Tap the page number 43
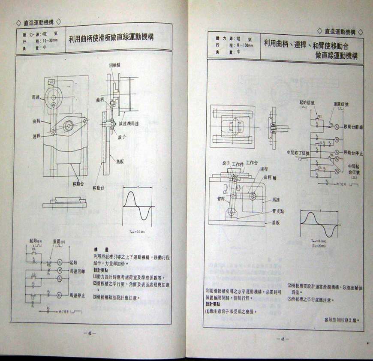pyautogui.click(x=283, y=339)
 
